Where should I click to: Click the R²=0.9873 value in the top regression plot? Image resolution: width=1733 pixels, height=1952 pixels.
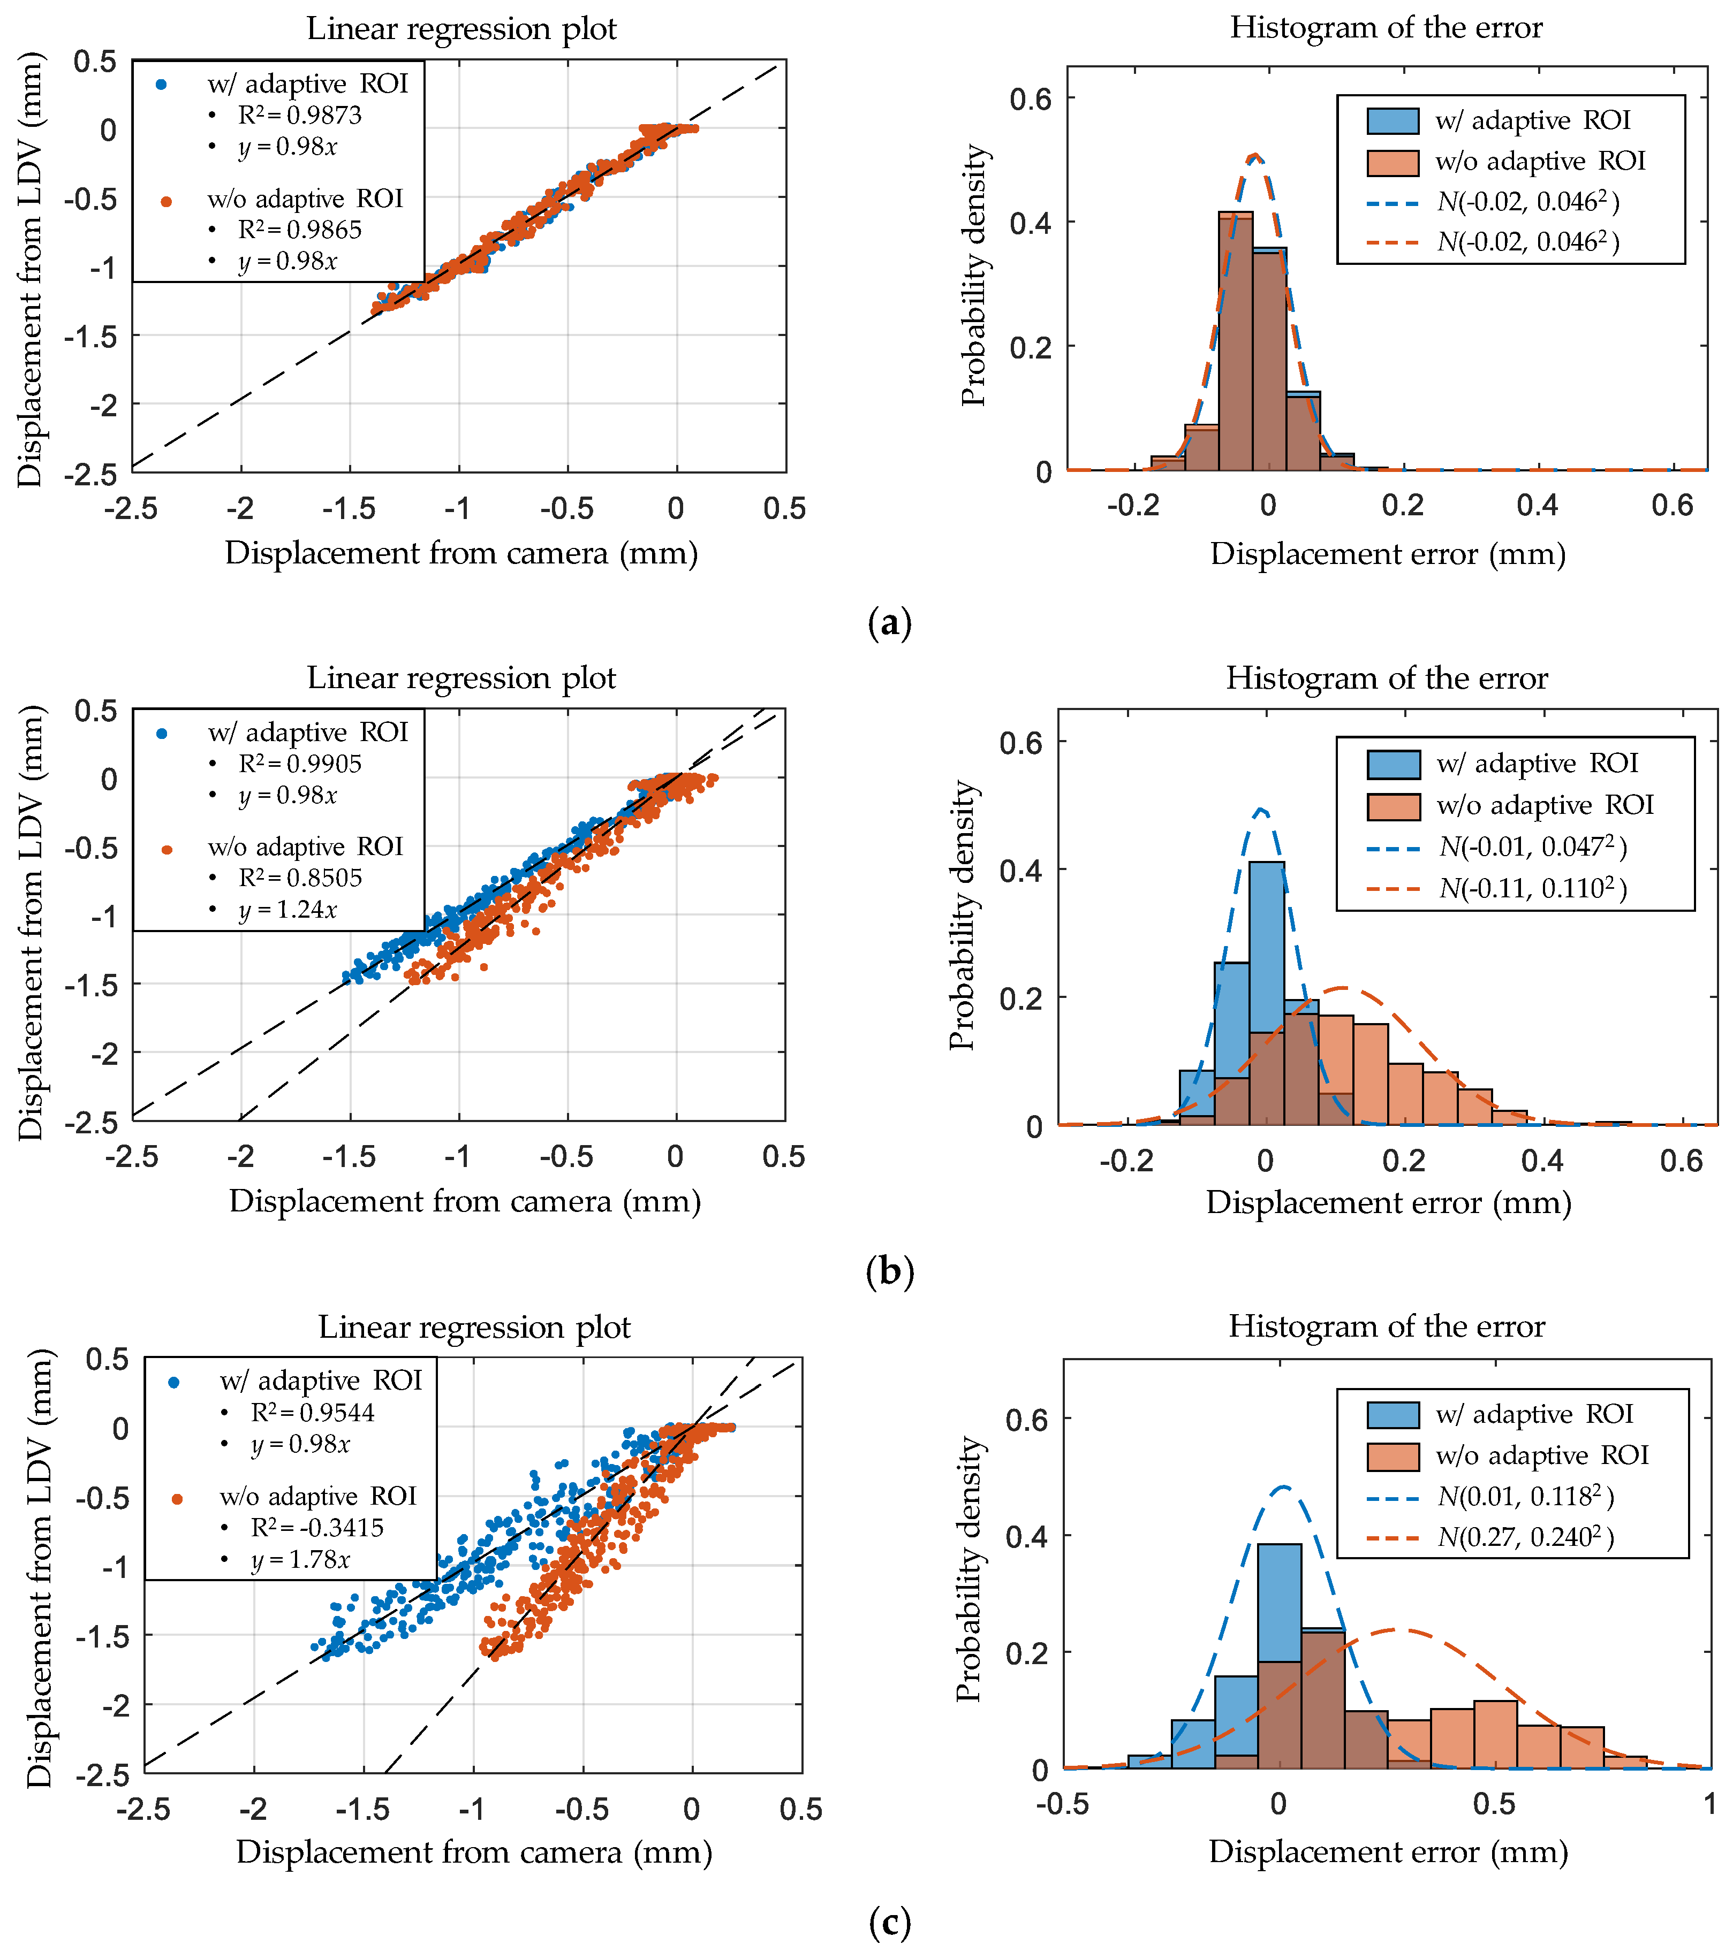pos(300,116)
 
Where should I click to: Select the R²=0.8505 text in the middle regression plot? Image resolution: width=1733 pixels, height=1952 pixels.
pos(300,878)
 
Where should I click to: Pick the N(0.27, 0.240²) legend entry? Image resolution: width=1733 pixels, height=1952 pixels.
pos(1526,1537)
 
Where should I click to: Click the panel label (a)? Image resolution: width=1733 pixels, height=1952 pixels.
pos(889,623)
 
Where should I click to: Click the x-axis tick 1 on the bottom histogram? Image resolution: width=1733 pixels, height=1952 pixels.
pos(1709,1803)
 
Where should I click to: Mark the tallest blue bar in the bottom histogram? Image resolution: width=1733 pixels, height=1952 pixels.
pos(1279,1657)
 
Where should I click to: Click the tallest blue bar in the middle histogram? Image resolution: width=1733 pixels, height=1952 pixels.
pos(1267,993)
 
